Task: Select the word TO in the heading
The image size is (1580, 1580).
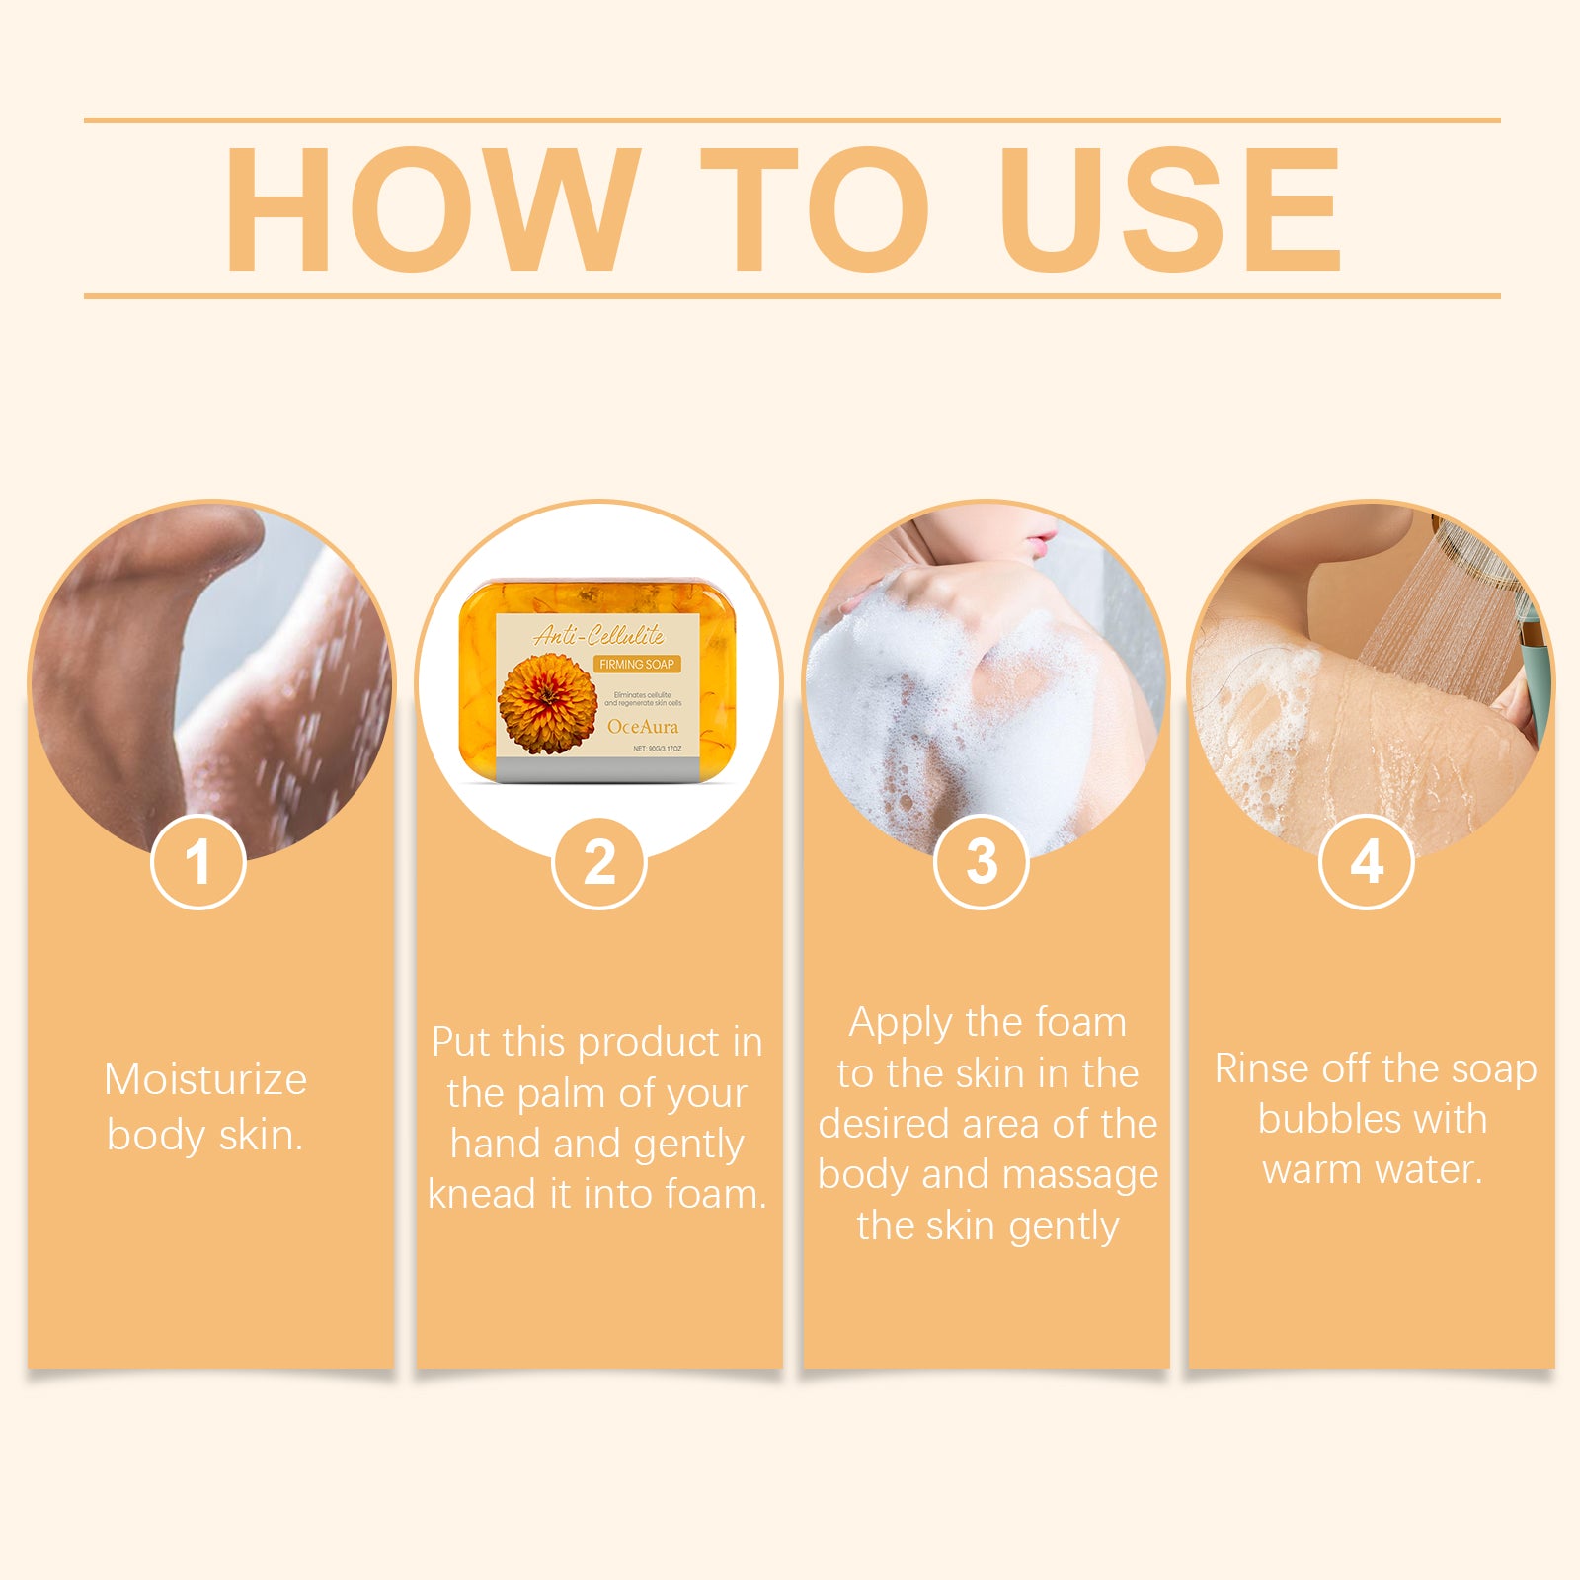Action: (815, 209)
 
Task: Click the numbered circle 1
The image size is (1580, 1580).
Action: (198, 862)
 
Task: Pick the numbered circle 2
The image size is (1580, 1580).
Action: (599, 862)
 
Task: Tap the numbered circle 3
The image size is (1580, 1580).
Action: (982, 862)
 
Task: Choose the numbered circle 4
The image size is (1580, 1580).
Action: (1367, 862)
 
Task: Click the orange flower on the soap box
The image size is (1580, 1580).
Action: (547, 703)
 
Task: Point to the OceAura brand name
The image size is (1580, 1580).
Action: (643, 727)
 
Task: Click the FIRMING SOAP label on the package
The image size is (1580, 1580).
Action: (637, 665)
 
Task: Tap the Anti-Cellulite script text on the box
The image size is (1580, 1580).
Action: (599, 635)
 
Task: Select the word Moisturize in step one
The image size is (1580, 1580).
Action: (205, 1079)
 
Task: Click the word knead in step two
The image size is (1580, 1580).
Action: (482, 1195)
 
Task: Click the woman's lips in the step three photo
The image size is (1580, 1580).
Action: (1039, 540)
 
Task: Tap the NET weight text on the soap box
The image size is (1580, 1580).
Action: (657, 750)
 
